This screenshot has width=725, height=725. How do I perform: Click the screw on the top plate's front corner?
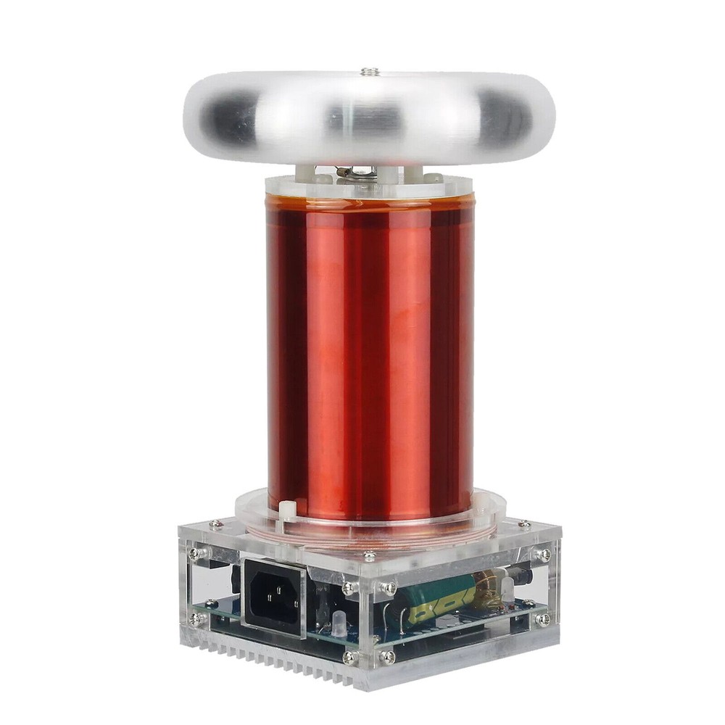click(x=370, y=557)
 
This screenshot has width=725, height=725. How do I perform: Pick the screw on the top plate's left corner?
click(x=215, y=523)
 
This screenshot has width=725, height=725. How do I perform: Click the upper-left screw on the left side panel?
click(x=195, y=553)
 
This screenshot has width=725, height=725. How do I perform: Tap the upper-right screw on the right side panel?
click(x=543, y=555)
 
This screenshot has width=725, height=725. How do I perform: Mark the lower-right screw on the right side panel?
click(x=543, y=619)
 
